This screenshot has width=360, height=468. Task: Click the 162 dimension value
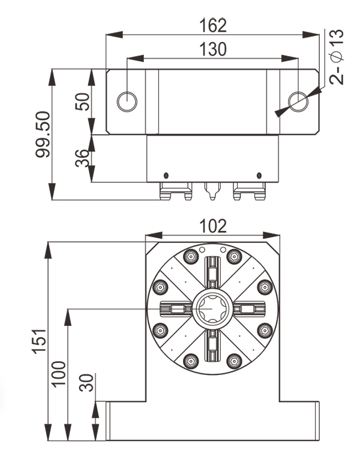pos(213,26)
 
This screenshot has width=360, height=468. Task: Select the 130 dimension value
pos(213,49)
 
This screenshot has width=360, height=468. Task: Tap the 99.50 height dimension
pos(43,136)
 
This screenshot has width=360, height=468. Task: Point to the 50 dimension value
pos(82,101)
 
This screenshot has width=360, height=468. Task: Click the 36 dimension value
pos(82,158)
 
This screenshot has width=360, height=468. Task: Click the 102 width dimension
pos(213,226)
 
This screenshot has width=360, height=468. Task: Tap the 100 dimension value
pos(59,373)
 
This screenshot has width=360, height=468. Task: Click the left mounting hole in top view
pos(127,101)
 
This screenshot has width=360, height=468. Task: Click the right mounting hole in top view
pos(298,101)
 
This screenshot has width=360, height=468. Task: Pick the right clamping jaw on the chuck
pos(248,309)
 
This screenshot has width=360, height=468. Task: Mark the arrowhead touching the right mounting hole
pos(280,112)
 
